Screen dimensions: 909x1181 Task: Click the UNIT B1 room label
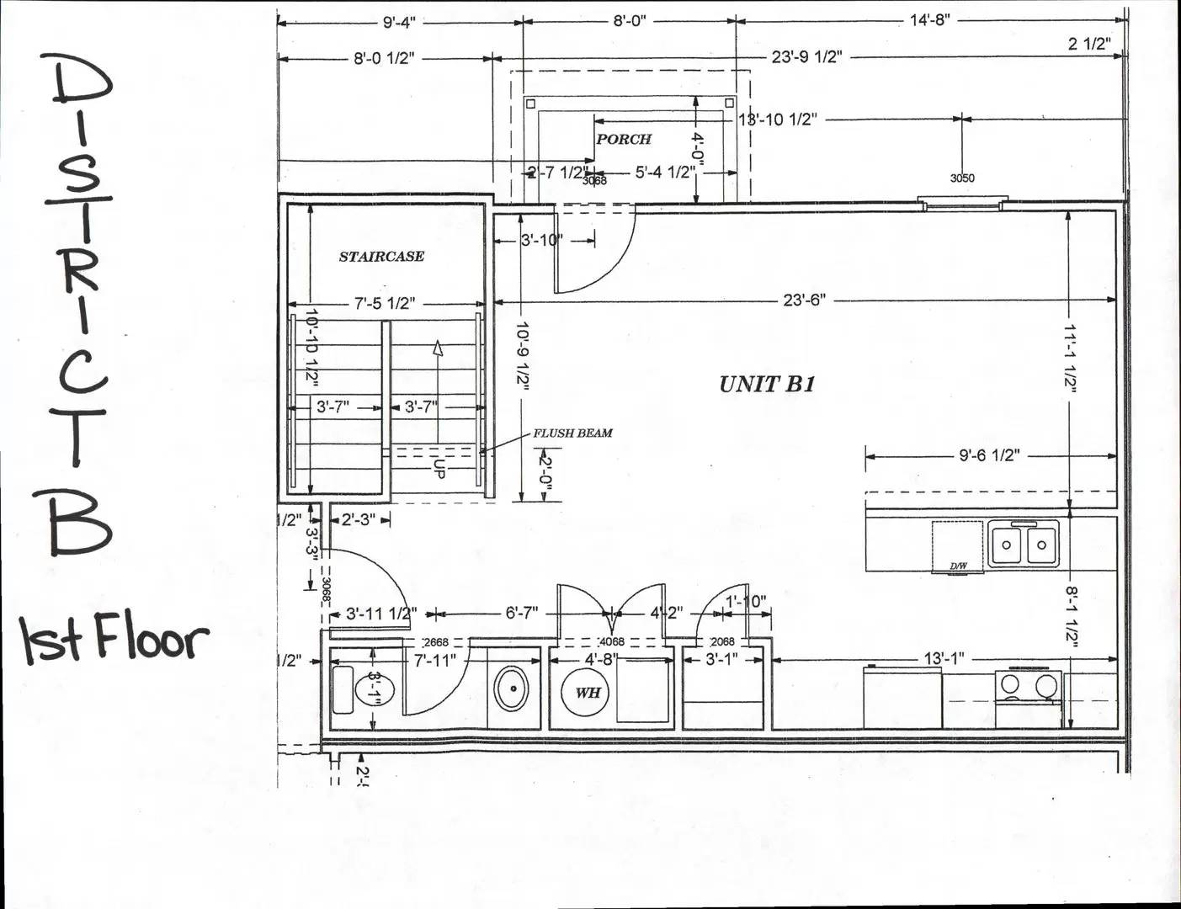[766, 385]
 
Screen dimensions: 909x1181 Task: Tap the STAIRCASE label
[381, 257]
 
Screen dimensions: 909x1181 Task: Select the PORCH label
[623, 139]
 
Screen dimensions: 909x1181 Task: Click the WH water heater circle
[587, 692]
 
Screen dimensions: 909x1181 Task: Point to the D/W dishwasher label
[958, 566]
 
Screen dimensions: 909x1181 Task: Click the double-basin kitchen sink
[1023, 545]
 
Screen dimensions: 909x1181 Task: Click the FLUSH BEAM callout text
[572, 433]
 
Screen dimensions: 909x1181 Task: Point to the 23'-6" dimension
[804, 300]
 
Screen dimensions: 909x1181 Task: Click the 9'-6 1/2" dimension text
[989, 455]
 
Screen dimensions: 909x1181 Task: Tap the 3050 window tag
[962, 178]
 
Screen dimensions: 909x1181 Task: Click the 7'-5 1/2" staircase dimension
[384, 304]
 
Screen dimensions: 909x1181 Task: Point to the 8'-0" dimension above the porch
[629, 21]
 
